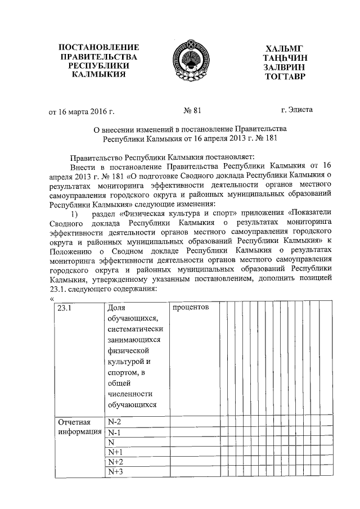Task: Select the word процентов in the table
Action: click(191, 308)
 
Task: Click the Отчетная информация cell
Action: click(78, 427)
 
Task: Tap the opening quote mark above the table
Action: click(52, 299)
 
